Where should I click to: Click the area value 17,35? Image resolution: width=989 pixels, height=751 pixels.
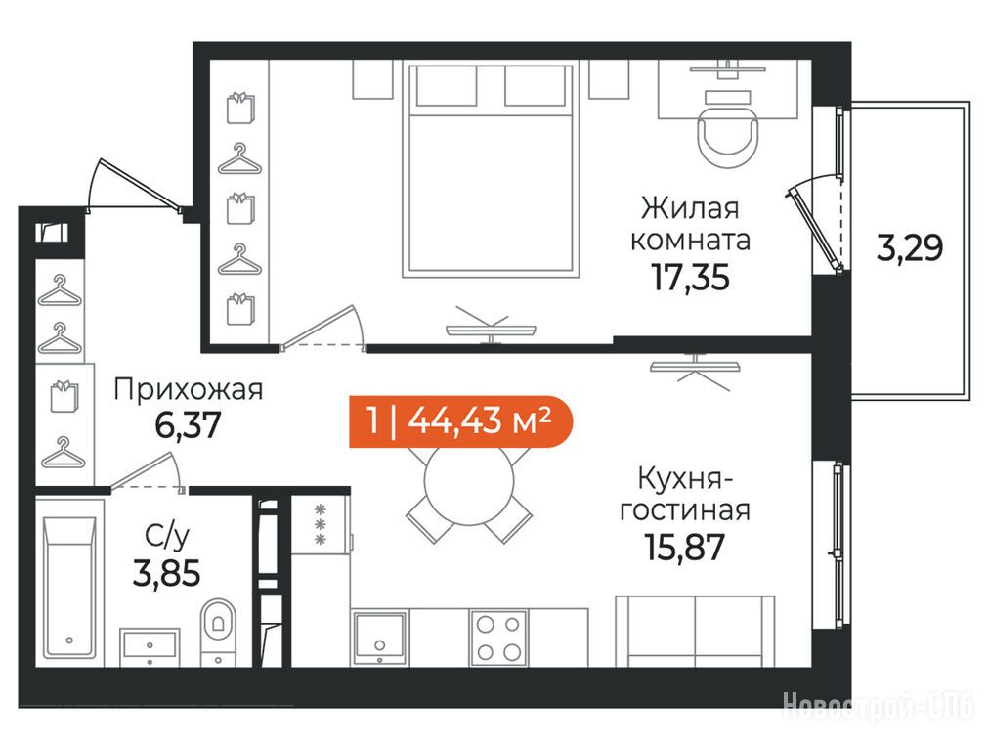pos(690,277)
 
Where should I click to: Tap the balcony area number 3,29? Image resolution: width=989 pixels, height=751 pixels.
pos(910,247)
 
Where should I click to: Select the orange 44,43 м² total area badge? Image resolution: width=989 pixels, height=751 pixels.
pos(460,420)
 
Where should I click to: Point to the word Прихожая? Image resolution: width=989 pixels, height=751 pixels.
pos(188,390)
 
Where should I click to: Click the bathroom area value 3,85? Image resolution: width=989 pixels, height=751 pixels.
pos(166,574)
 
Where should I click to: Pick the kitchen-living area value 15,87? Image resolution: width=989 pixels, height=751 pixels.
pos(684,548)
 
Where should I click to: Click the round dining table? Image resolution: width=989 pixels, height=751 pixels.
pos(469,483)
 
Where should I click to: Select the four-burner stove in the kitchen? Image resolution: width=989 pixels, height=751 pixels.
pos(498,637)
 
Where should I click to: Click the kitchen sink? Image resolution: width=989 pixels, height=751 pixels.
pos(379,638)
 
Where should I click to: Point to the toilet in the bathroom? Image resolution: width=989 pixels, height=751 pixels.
pos(218,632)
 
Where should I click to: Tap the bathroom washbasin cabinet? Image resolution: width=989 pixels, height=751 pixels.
pos(150,647)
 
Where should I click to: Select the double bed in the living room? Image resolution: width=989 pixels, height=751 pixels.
pos(491,170)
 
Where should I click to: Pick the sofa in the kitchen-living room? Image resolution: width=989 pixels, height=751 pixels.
pos(695,631)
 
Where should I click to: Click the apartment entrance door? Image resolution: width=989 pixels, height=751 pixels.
pos(134,184)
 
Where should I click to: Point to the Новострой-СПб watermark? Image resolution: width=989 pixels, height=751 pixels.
pos(879,705)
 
